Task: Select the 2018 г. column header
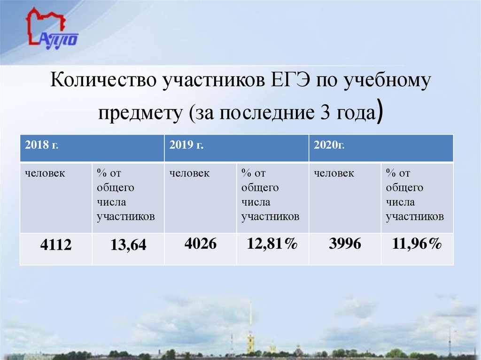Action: (42, 145)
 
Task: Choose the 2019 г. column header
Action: (186, 145)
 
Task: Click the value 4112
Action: (56, 245)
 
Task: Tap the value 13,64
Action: (128, 245)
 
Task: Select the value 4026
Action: (201, 244)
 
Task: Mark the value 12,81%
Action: (273, 244)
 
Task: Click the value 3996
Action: (345, 244)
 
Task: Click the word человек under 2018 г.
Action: (45, 174)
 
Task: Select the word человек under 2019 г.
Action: (190, 174)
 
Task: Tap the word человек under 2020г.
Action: (334, 174)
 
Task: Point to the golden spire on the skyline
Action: (251, 324)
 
